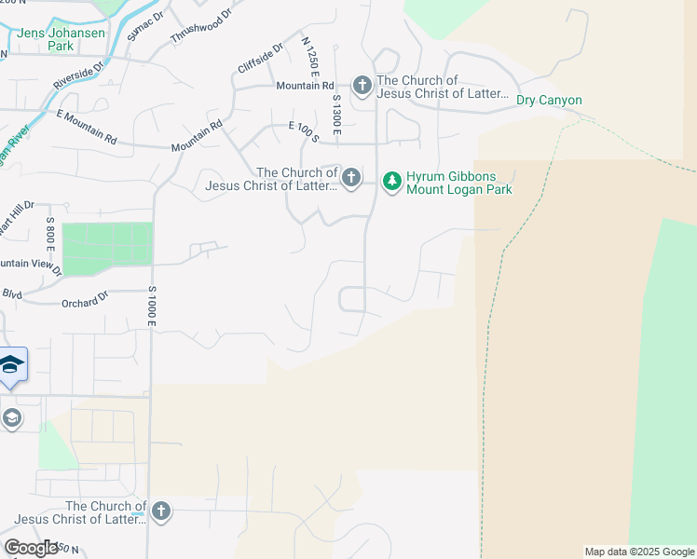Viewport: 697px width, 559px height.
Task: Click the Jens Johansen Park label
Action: (56, 39)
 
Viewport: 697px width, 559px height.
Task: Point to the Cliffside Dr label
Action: (260, 59)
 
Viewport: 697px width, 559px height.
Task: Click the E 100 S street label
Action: (304, 131)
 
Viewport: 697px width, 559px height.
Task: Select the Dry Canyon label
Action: (549, 101)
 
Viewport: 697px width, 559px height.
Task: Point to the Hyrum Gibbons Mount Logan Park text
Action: (458, 183)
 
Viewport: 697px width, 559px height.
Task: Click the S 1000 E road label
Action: (150, 306)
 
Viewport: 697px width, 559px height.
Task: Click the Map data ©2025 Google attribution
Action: (639, 552)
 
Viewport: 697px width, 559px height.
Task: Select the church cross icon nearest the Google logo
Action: (161, 511)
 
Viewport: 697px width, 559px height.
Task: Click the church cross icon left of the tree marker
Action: (351, 177)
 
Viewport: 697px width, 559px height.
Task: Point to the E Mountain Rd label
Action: (87, 128)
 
